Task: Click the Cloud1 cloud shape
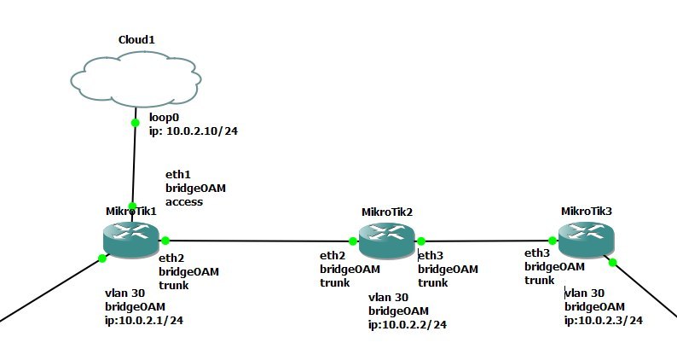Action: click(136, 79)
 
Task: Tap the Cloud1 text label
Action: click(136, 40)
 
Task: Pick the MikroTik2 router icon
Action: click(387, 241)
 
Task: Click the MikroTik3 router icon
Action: click(586, 240)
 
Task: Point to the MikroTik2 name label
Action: click(387, 212)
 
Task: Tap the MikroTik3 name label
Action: click(587, 212)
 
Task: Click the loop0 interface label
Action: click(164, 117)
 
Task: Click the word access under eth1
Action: click(184, 202)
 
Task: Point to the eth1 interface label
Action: click(178, 175)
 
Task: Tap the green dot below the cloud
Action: click(135, 123)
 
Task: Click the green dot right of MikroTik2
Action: click(421, 241)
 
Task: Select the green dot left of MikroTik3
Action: click(553, 241)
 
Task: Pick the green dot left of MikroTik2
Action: click(353, 241)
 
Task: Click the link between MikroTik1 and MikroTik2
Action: click(259, 241)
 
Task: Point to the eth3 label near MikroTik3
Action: click(537, 253)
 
